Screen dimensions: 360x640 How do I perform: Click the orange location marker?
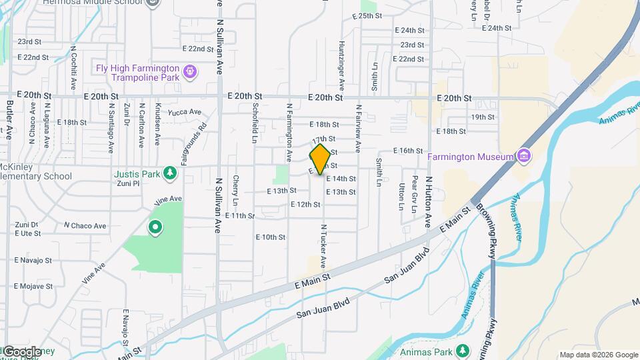pyautogui.click(x=320, y=159)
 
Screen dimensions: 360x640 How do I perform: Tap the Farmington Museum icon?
pyautogui.click(x=524, y=157)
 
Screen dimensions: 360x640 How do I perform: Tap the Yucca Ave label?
pyautogui.click(x=185, y=112)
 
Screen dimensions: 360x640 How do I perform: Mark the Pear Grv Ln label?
pyautogui.click(x=414, y=193)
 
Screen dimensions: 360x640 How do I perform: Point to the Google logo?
pyautogui.click(x=22, y=351)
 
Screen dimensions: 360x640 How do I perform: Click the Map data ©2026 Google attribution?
pyautogui.click(x=598, y=355)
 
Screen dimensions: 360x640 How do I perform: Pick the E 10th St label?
pyautogui.click(x=270, y=237)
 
